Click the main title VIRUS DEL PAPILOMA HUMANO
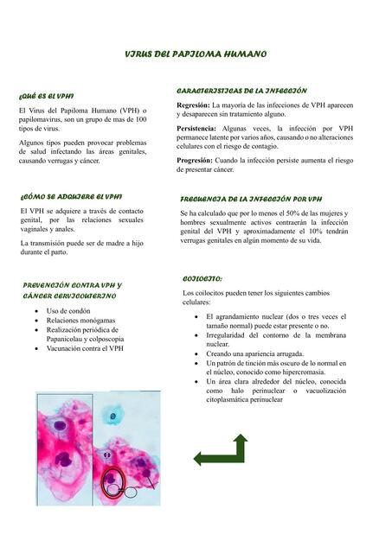tap(196, 54)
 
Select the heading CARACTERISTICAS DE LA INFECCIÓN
tap(241, 90)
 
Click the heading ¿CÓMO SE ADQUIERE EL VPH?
tap(70, 196)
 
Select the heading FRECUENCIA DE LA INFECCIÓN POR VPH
tap(251, 199)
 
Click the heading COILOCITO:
tap(203, 280)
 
